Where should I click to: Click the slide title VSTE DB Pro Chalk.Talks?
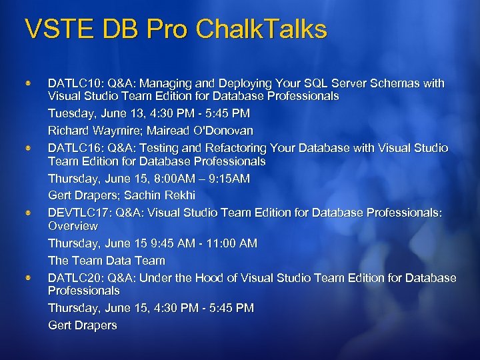pos(176,30)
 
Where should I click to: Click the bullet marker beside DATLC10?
pos(28,84)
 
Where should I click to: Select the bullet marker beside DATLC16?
pos(28,148)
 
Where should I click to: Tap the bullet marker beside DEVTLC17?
pos(28,212)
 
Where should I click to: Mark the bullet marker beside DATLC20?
pos(28,277)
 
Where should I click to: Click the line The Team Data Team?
pos(106,261)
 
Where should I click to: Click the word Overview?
pos(73,227)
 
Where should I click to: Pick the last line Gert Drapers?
pos(82,325)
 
